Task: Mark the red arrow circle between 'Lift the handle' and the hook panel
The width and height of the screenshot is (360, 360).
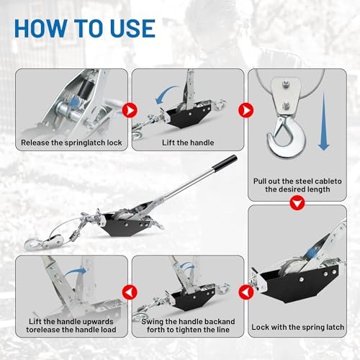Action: [x=243, y=110]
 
